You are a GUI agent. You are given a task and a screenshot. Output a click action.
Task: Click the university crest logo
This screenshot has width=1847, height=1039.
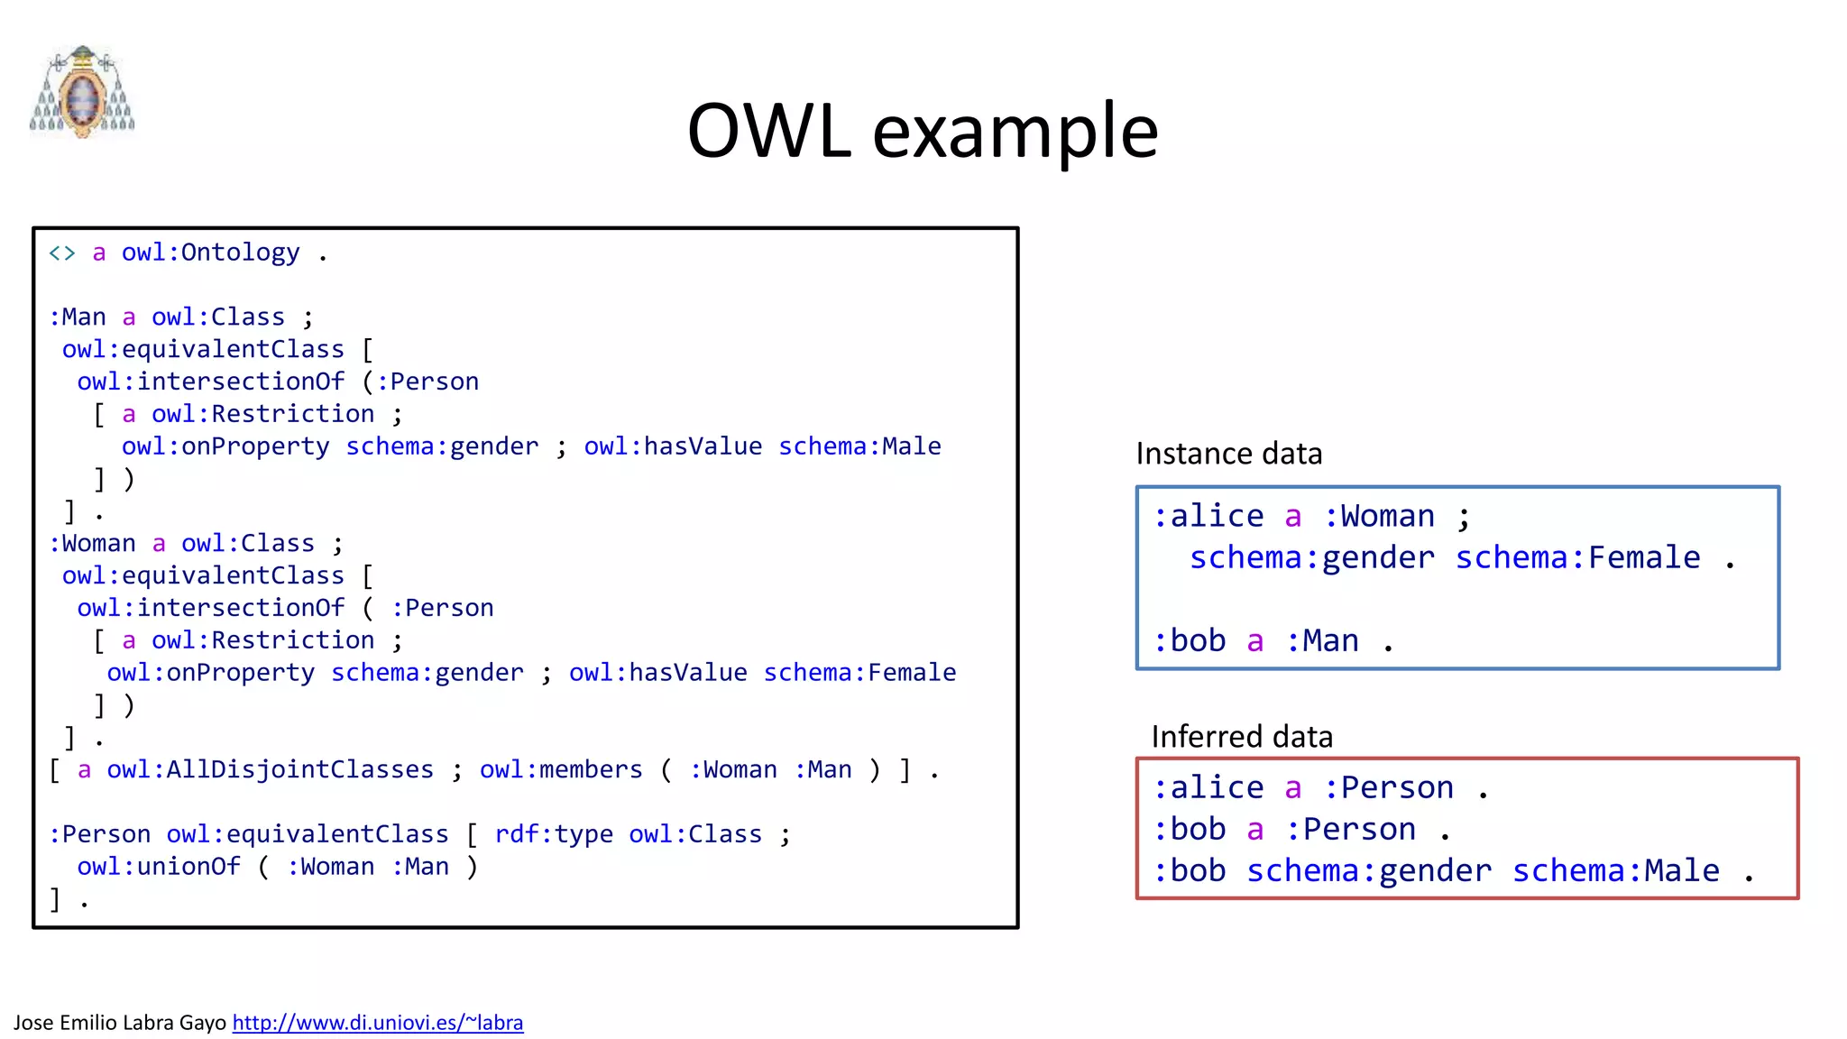coord(82,91)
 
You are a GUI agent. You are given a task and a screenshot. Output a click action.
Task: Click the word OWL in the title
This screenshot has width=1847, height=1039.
coord(768,132)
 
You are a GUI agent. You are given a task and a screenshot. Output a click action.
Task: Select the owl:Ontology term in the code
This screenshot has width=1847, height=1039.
coord(210,253)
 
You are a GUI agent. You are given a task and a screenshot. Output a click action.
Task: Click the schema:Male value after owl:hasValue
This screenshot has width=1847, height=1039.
coord(859,446)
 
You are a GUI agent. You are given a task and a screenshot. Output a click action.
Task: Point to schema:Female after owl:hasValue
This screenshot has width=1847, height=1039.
coord(859,673)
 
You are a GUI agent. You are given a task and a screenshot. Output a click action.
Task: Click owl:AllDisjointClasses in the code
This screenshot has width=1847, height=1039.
coord(270,769)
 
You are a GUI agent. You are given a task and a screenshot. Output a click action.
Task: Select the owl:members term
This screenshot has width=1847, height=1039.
coord(561,769)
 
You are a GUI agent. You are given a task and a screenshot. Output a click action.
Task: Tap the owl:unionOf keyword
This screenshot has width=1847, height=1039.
coord(159,867)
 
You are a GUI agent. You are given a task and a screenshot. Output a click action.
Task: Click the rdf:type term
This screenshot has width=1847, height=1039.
coord(554,834)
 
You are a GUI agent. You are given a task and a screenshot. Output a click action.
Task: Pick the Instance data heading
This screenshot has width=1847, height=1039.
coord(1228,454)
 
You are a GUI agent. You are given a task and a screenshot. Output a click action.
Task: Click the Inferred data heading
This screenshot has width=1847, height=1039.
coord(1242,737)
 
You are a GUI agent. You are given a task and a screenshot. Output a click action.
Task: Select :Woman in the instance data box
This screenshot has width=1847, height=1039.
coord(1378,516)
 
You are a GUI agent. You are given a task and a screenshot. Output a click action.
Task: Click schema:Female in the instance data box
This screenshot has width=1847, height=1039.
coord(1577,557)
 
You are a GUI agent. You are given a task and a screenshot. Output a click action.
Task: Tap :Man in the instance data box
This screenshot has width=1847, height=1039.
coord(1321,640)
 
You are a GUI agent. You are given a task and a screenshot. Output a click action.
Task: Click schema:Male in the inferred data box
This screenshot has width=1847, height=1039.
coord(1615,870)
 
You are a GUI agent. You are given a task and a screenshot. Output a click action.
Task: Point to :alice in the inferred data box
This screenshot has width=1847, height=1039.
coord(1208,787)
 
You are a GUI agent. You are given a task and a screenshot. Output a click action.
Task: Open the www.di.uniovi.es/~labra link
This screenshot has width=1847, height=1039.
coord(378,1023)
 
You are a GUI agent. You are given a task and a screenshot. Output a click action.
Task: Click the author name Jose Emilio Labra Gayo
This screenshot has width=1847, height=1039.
coord(119,1023)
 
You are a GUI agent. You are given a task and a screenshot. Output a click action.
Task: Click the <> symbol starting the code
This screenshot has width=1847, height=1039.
coord(62,253)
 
